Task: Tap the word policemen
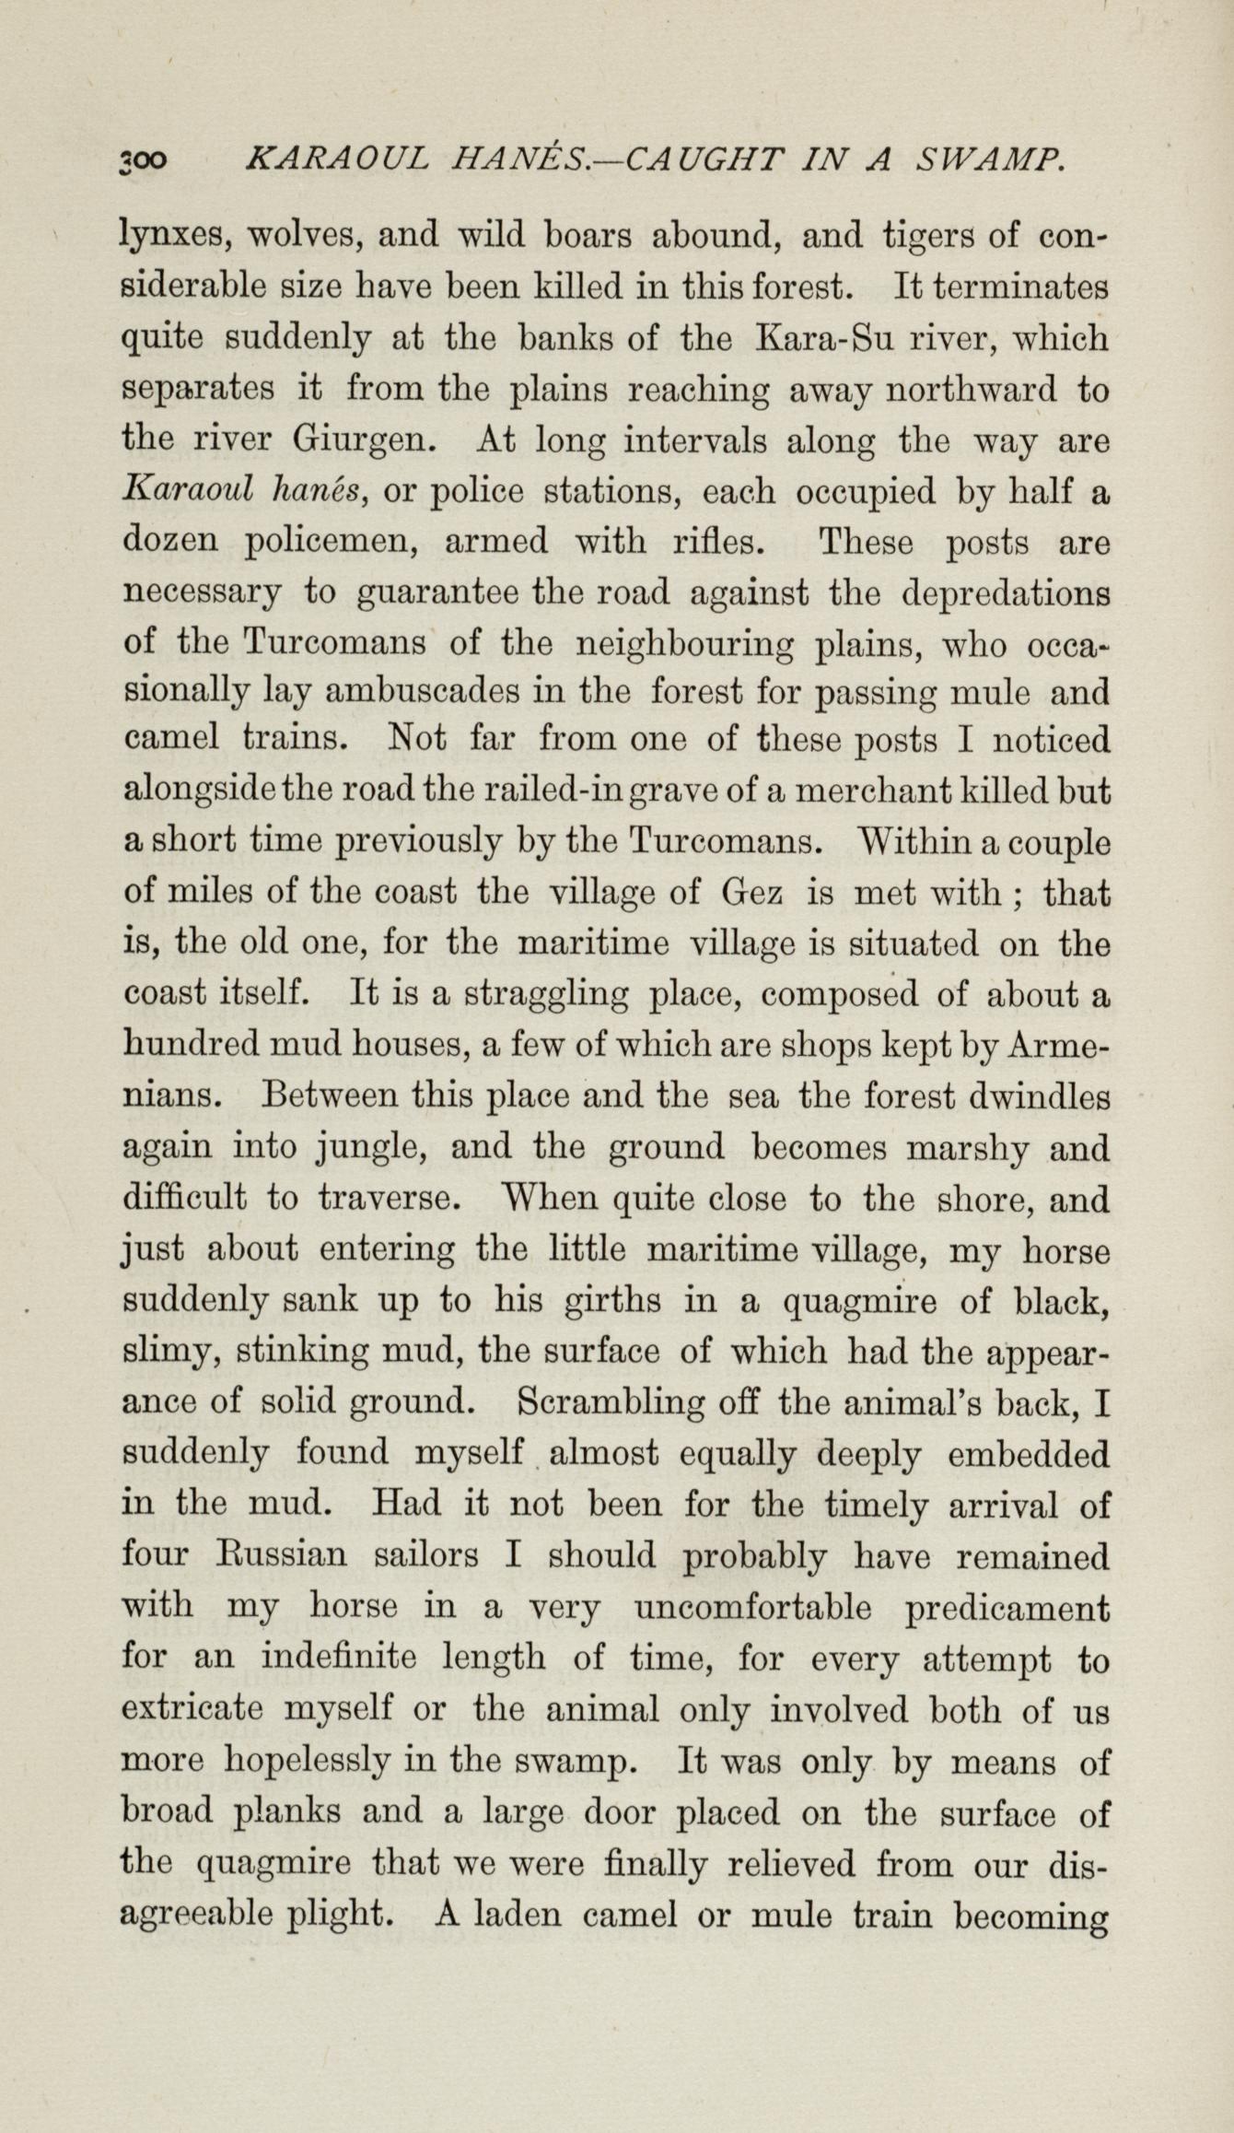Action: pyautogui.click(x=335, y=542)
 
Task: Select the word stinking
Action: pyautogui.click(x=303, y=1352)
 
